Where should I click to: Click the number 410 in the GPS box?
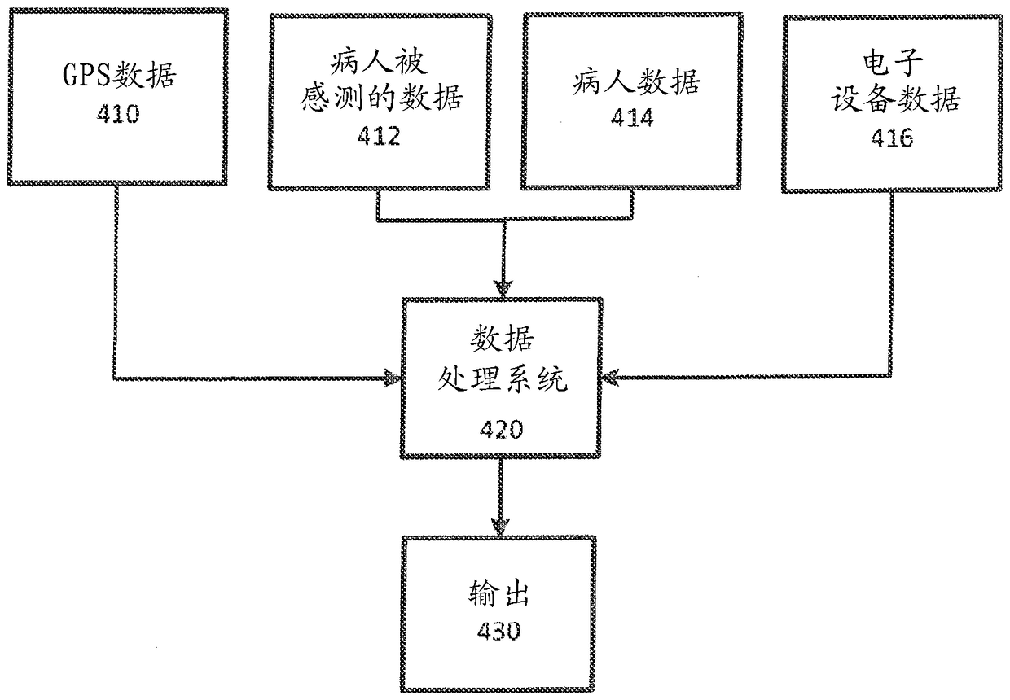118,113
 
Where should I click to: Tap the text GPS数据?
119,74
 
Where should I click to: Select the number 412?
379,136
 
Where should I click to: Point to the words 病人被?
379,62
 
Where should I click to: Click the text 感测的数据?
381,98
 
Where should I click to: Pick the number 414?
632,118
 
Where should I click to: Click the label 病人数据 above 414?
636,81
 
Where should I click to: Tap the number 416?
892,138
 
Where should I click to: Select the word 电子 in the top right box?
893,63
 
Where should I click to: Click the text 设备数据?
895,98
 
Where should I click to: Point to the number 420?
502,429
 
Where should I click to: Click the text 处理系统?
503,378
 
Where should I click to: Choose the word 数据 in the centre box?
502,339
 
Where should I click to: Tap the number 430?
498,631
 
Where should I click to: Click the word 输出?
498,593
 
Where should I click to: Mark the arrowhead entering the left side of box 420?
393,378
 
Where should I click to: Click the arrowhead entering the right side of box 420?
610,377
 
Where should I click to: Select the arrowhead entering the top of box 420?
503,288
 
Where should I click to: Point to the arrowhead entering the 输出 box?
500,527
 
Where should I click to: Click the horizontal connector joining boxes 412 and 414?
504,220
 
